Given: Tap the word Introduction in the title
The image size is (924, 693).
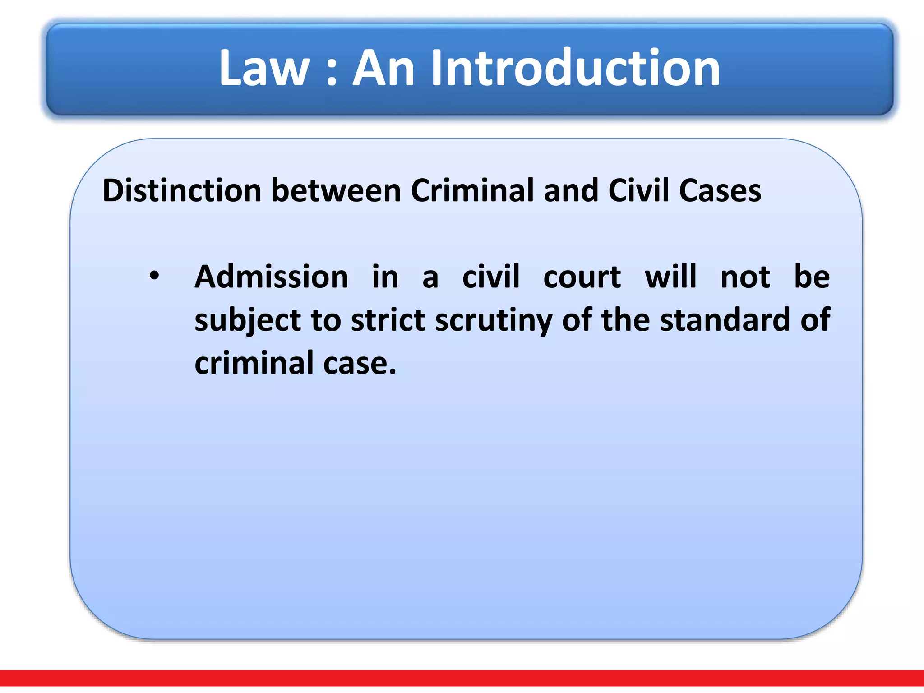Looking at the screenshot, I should click(x=575, y=69).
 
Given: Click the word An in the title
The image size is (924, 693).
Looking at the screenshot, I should click(x=383, y=69).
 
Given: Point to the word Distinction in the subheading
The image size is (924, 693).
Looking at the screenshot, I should click(x=182, y=190).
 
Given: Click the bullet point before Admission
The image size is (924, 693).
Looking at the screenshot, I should click(x=154, y=276).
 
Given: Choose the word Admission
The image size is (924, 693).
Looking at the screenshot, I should click(x=271, y=277).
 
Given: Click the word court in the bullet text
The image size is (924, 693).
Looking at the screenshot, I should click(x=582, y=277).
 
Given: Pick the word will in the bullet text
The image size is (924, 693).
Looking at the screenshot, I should click(x=670, y=277).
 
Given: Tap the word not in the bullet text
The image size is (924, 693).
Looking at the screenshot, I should click(x=745, y=277).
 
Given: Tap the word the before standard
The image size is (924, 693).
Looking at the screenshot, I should click(x=626, y=320).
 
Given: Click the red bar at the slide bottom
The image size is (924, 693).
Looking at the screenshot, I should click(x=462, y=678).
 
